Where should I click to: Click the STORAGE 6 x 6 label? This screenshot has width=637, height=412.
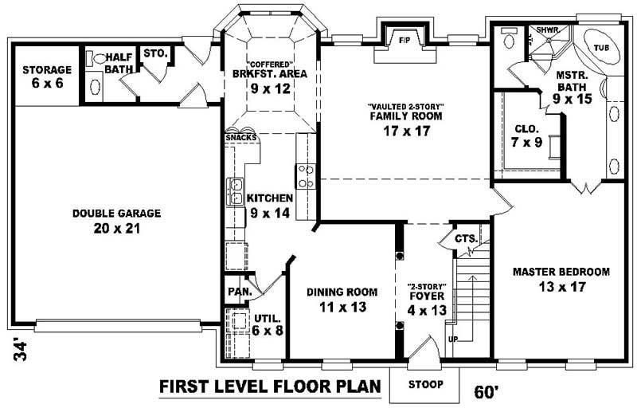47,76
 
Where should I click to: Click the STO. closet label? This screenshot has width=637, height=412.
155,54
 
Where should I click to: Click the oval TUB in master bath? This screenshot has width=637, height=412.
603,48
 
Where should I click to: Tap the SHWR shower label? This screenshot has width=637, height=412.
547,29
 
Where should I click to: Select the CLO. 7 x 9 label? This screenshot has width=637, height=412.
526,135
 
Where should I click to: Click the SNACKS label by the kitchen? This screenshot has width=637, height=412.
241,138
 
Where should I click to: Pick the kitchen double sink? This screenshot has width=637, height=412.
236,190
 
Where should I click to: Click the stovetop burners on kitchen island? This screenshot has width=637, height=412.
305,175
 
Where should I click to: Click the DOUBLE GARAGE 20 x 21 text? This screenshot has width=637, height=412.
116,221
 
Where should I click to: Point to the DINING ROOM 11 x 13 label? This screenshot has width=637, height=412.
342,299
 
